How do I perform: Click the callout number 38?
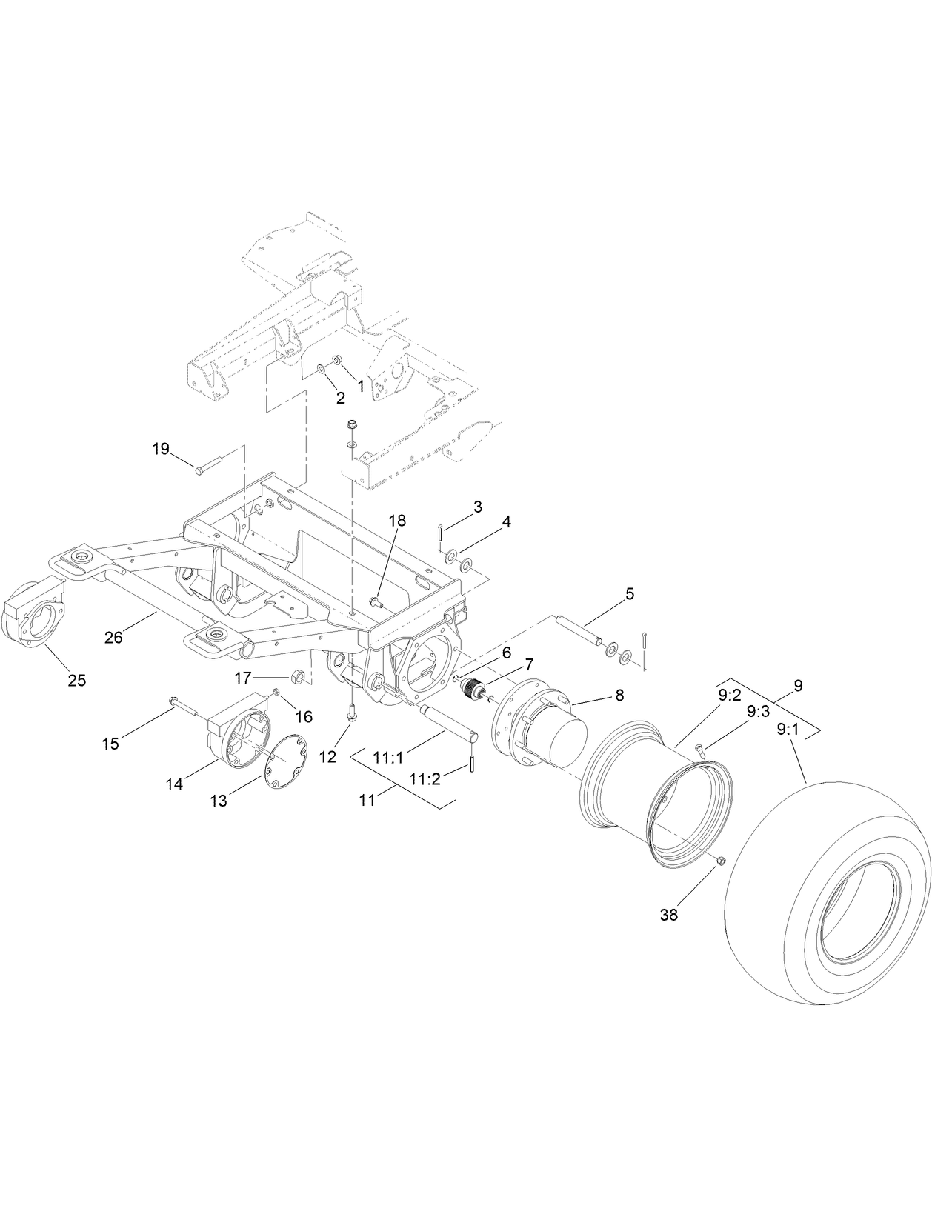tap(668, 915)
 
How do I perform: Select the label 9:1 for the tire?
tap(788, 729)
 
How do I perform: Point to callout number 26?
tap(113, 636)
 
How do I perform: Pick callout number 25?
tap(77, 680)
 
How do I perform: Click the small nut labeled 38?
tap(720, 859)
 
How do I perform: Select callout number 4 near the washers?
tap(506, 521)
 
